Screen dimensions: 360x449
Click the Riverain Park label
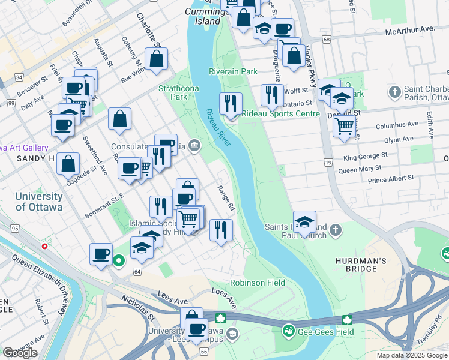click(x=233, y=71)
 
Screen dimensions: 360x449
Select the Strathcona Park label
click(x=173, y=92)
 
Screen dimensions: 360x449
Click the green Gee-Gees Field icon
click(x=289, y=330)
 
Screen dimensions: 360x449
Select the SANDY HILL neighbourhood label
click(x=28, y=158)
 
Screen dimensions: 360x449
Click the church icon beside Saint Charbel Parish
click(x=394, y=92)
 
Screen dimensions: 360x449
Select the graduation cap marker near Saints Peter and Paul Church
click(x=305, y=222)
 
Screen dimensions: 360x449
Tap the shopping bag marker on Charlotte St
click(x=156, y=59)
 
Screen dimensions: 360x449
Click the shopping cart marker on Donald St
click(x=343, y=126)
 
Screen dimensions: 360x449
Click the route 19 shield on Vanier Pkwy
click(x=328, y=163)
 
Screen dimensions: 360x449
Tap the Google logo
click(x=20, y=353)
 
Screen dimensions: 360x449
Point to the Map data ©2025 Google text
click(x=411, y=355)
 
